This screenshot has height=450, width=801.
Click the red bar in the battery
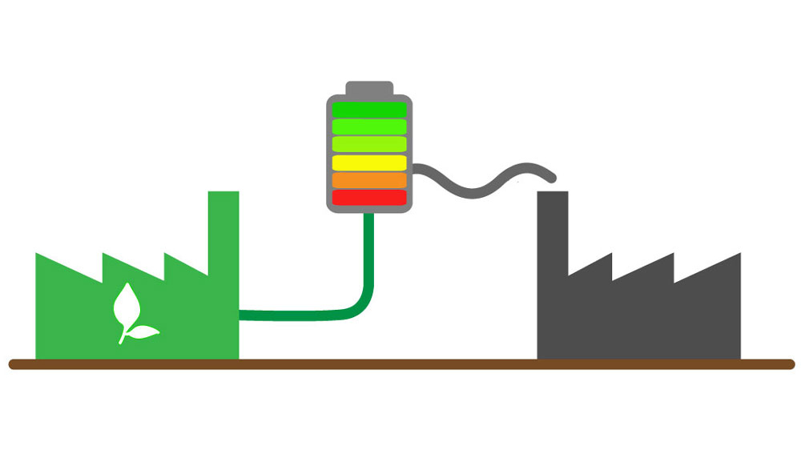coord(369,197)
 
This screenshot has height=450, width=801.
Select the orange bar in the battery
coord(369,180)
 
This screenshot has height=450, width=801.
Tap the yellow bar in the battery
coord(369,163)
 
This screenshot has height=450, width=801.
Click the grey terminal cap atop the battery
coord(369,88)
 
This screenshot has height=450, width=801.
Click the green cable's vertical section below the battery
coord(369,248)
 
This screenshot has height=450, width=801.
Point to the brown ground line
coord(400,365)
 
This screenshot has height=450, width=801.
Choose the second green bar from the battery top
coord(369,127)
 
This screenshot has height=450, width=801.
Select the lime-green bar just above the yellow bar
coord(369,144)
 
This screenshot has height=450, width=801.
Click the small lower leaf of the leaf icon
coord(144,331)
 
